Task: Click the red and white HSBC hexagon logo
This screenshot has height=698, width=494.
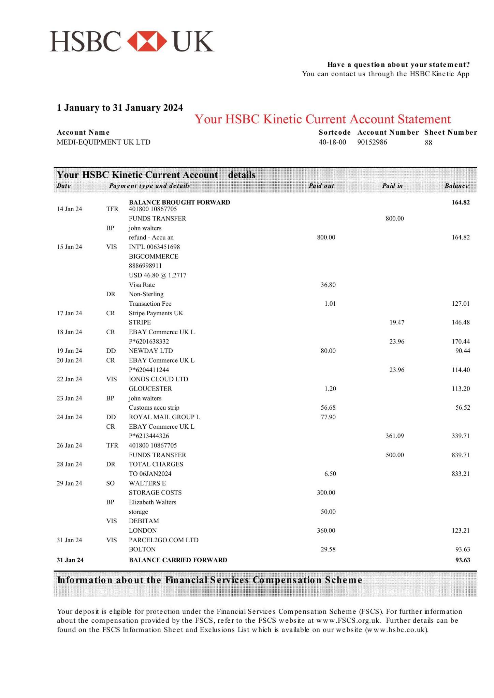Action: pyautogui.click(x=147, y=42)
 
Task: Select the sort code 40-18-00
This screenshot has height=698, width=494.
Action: pyautogui.click(x=332, y=142)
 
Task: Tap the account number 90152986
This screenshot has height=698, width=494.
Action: pyautogui.click(x=372, y=142)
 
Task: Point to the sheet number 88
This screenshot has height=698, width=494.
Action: pyautogui.click(x=428, y=143)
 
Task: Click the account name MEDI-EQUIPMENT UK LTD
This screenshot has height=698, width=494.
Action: pyautogui.click(x=103, y=142)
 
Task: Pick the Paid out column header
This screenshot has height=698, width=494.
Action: pyautogui.click(x=321, y=186)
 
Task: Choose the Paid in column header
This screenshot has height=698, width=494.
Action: pyautogui.click(x=392, y=186)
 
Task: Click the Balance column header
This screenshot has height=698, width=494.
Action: pyautogui.click(x=456, y=186)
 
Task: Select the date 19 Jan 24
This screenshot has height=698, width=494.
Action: pyautogui.click(x=69, y=351)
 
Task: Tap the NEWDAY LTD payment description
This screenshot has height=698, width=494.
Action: pyautogui.click(x=150, y=351)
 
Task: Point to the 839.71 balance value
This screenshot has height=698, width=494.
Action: pyautogui.click(x=461, y=455)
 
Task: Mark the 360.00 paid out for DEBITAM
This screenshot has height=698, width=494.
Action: pyautogui.click(x=326, y=531)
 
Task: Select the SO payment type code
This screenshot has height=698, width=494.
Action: pyautogui.click(x=110, y=483)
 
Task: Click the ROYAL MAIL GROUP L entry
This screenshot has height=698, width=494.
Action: pyautogui.click(x=164, y=417)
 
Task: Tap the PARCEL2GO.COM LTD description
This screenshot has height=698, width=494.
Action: pyautogui.click(x=163, y=540)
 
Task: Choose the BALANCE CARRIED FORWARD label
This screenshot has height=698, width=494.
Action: pyautogui.click(x=178, y=560)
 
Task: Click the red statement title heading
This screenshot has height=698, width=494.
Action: pyautogui.click(x=322, y=119)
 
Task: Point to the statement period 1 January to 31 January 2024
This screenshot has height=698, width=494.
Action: pyautogui.click(x=120, y=108)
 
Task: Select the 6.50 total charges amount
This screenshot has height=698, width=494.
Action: pyautogui.click(x=330, y=474)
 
